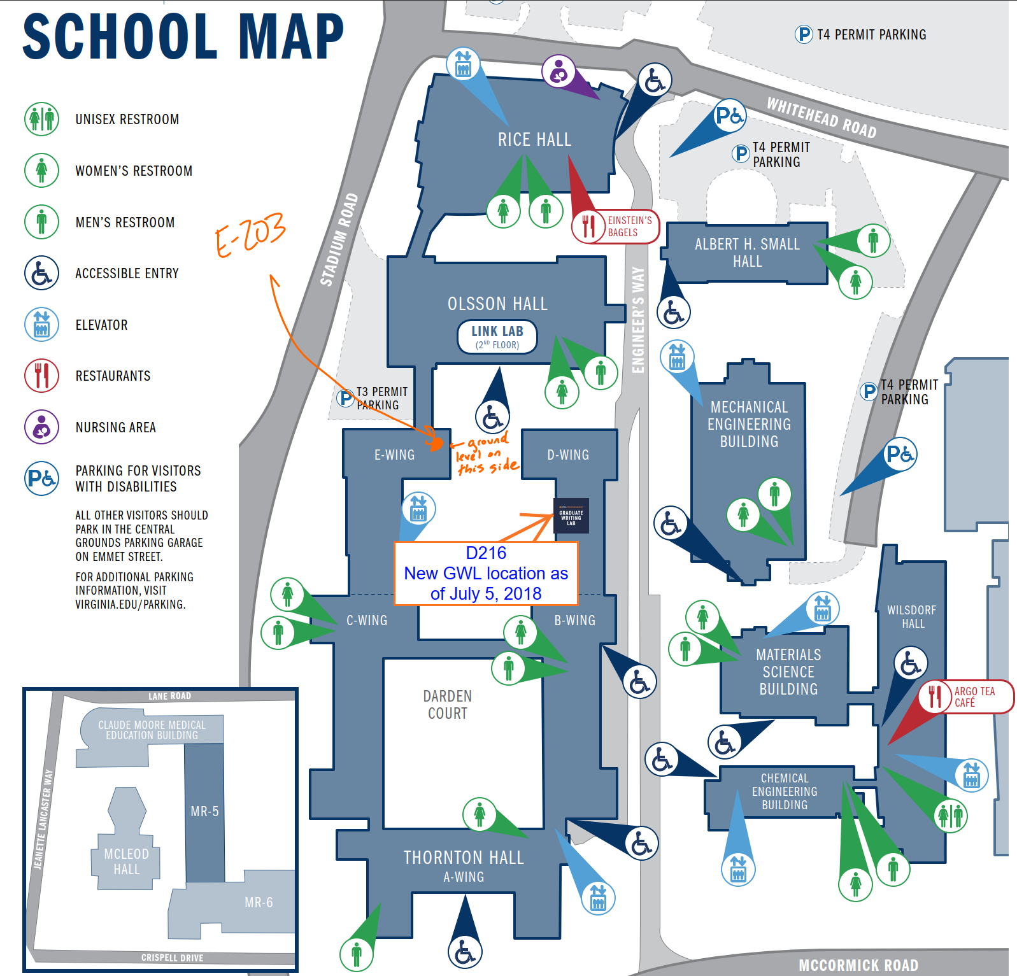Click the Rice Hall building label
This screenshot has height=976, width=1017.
[534, 140]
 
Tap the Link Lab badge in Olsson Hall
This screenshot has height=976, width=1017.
[497, 336]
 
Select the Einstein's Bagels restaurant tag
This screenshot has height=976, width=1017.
[615, 226]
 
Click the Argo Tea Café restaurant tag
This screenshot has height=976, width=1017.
[965, 697]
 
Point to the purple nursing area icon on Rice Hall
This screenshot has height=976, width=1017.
[558, 71]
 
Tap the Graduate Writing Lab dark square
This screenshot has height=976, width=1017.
[571, 516]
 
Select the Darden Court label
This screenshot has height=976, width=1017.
[448, 705]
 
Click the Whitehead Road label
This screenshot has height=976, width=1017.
[821, 117]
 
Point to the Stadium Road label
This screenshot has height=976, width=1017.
[339, 239]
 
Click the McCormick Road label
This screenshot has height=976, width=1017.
[858, 965]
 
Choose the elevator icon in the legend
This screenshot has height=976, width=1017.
[42, 324]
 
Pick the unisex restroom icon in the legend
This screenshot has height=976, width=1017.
[42, 119]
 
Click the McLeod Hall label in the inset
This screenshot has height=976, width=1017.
[127, 861]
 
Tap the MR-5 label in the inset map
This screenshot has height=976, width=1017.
[204, 812]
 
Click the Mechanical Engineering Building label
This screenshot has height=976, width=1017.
[749, 424]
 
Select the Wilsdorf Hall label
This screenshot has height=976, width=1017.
[912, 616]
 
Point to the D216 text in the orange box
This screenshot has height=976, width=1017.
[486, 553]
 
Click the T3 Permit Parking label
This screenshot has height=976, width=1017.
[381, 398]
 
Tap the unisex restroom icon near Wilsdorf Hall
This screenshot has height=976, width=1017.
[950, 815]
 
